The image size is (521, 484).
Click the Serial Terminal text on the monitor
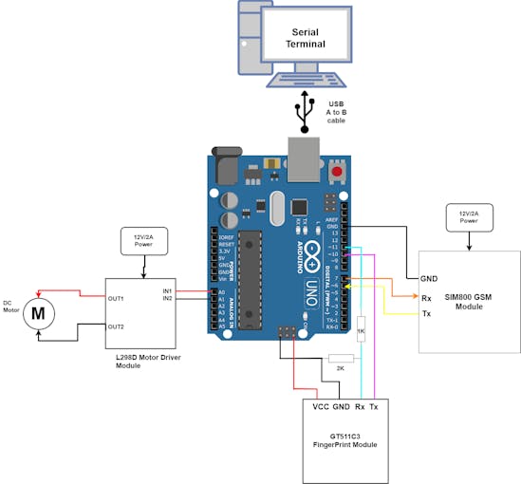pos(310,38)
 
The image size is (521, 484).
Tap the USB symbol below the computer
pos(305,110)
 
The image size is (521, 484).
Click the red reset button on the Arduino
pos(337,172)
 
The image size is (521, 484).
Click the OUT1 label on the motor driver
pos(117,298)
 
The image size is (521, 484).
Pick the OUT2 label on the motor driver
pos(117,326)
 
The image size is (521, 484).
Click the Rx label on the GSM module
pos(428,296)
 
